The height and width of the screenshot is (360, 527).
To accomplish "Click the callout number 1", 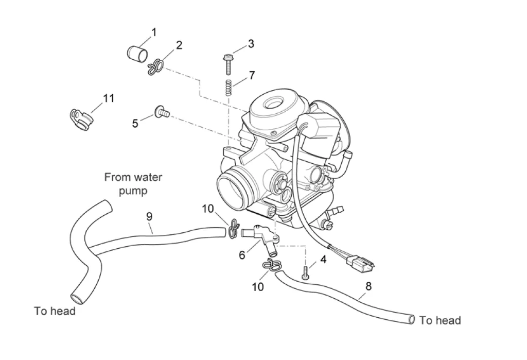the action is point(154,32).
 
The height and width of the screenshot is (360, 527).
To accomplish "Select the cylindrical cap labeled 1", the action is point(137,54).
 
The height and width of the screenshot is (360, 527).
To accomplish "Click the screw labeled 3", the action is point(228,64).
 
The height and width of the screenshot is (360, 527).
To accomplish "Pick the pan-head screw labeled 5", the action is point(162,112).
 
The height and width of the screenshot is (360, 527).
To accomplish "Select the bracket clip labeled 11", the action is point(81,119).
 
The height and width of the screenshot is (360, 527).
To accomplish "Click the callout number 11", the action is point(109,98).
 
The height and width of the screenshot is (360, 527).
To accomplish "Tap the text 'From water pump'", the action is point(133,184).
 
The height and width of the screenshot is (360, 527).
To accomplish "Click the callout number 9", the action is point(149,217).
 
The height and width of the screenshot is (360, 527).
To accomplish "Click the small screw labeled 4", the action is point(305,272).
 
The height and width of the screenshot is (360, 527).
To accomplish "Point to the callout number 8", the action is point(368,286).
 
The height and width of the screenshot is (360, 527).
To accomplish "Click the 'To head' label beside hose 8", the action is point(440,321).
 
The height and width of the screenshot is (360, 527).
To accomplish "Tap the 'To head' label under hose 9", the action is point(55,311).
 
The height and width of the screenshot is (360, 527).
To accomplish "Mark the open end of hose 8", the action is point(411,320).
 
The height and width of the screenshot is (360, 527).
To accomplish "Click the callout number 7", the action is point(252,75).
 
